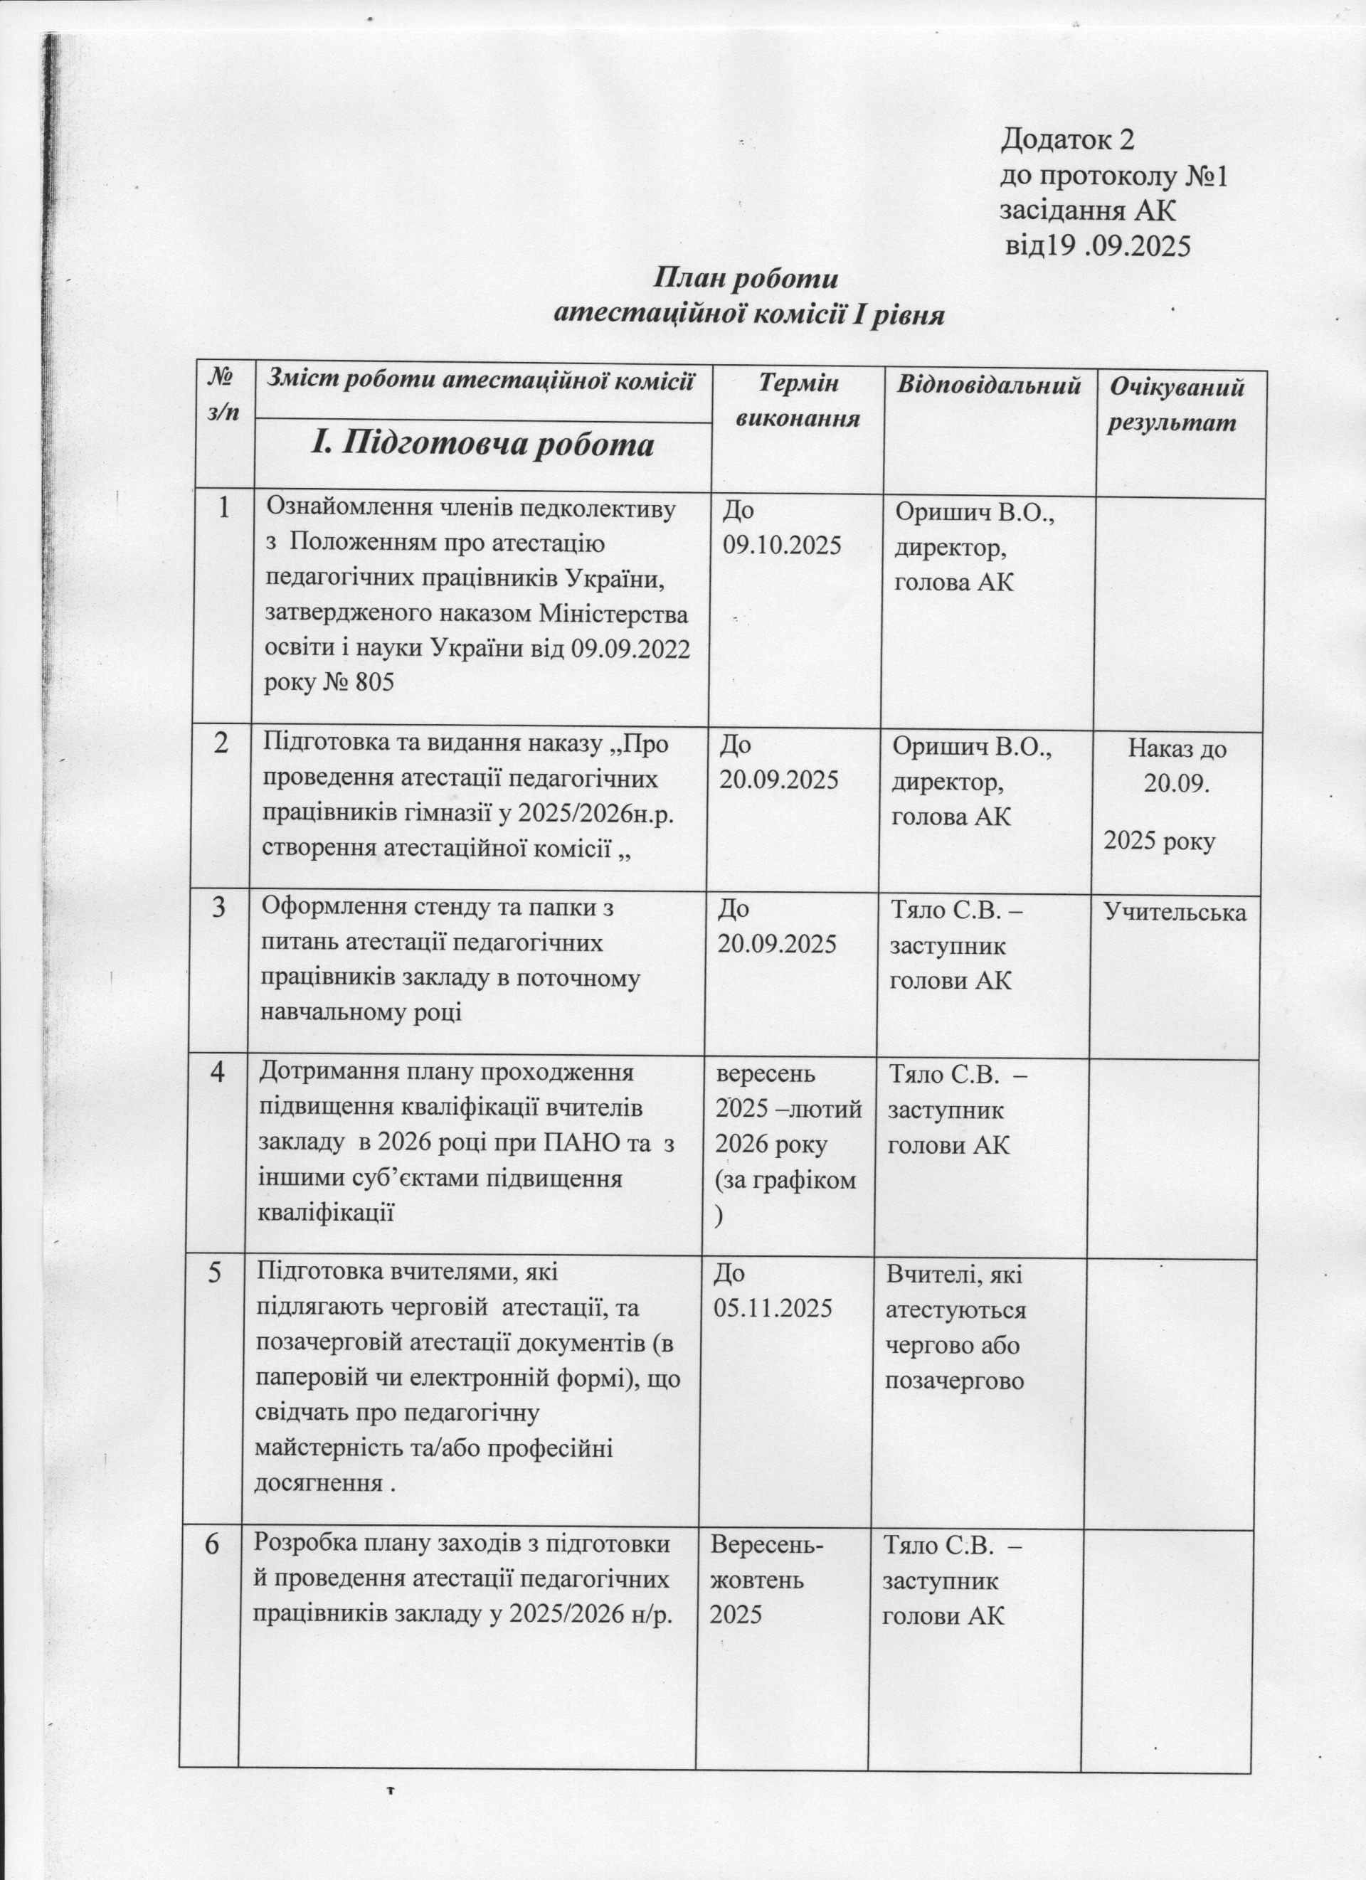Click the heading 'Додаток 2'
click(x=1066, y=140)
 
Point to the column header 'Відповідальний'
click(x=988, y=386)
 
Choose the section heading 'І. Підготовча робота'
click(x=482, y=445)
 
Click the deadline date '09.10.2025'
click(x=782, y=546)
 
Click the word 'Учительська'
click(x=1175, y=912)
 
